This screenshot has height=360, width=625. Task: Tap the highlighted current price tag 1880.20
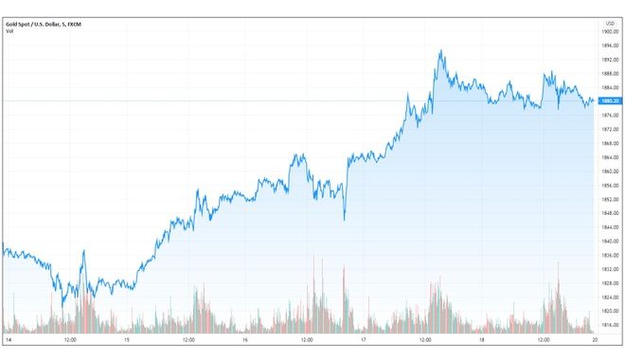click(x=610, y=100)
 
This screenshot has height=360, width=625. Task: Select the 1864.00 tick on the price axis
click(x=610, y=157)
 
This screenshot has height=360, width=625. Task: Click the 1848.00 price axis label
click(x=610, y=213)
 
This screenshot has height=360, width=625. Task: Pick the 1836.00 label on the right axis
click(x=610, y=256)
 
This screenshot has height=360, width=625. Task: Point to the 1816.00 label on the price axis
click(x=610, y=325)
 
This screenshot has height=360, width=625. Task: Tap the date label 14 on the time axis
click(x=7, y=339)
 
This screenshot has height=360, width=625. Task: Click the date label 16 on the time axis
click(x=244, y=339)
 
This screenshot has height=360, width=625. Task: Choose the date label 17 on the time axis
click(x=364, y=339)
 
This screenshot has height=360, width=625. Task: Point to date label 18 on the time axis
click(x=482, y=339)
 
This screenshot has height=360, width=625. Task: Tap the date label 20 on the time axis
click(x=594, y=339)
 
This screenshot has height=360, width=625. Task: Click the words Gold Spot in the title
click(x=16, y=24)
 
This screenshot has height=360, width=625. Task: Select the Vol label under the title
click(x=9, y=32)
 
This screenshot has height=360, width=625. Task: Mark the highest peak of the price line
click(x=440, y=51)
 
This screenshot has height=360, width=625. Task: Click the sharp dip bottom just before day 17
click(x=344, y=220)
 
